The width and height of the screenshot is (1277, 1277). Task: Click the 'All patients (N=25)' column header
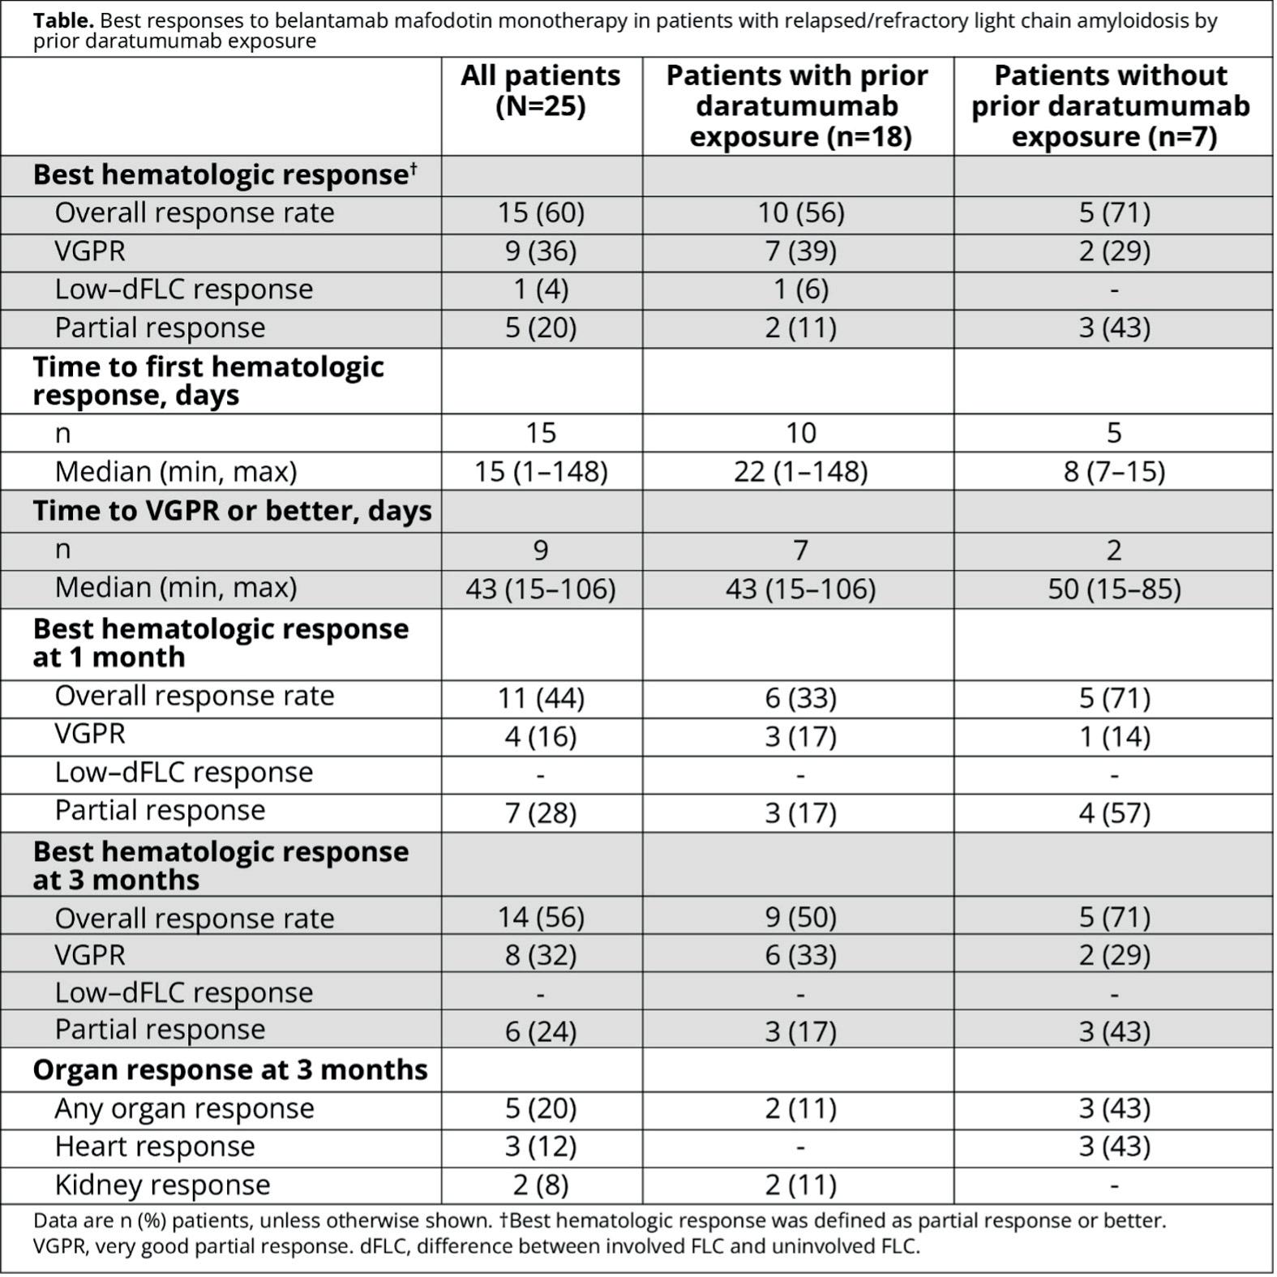coord(541,90)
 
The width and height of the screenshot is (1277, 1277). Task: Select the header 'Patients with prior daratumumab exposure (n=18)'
coord(798,105)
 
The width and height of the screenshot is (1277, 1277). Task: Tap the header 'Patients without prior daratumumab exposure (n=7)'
coord(1112,105)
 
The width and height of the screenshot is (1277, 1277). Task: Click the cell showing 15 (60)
coord(541,212)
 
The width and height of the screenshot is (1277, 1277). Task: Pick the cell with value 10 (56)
coord(800,212)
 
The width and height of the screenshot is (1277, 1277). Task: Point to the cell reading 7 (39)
coord(800,251)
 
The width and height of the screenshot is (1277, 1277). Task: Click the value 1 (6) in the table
coord(800,289)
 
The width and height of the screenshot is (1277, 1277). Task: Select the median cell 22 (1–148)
coord(800,471)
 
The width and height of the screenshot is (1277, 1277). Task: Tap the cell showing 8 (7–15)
coord(1114,471)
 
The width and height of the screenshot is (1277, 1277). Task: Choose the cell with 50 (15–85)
coord(1114,588)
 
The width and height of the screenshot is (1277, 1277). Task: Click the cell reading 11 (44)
coord(541,697)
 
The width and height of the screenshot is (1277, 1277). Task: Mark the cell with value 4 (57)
coord(1114,812)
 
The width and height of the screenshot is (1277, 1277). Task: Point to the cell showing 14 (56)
coord(541,917)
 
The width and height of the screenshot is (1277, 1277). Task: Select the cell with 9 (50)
coord(800,917)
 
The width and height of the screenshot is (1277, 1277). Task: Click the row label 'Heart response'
coord(154,1146)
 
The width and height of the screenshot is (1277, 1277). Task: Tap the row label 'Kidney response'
coord(162,1185)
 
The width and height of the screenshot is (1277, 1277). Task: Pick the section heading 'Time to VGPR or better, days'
coord(232,511)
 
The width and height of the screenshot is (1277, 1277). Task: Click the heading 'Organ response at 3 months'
coord(230,1069)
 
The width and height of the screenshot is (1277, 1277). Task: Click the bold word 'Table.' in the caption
coord(63,21)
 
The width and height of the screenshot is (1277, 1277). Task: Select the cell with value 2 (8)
coord(541,1185)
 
